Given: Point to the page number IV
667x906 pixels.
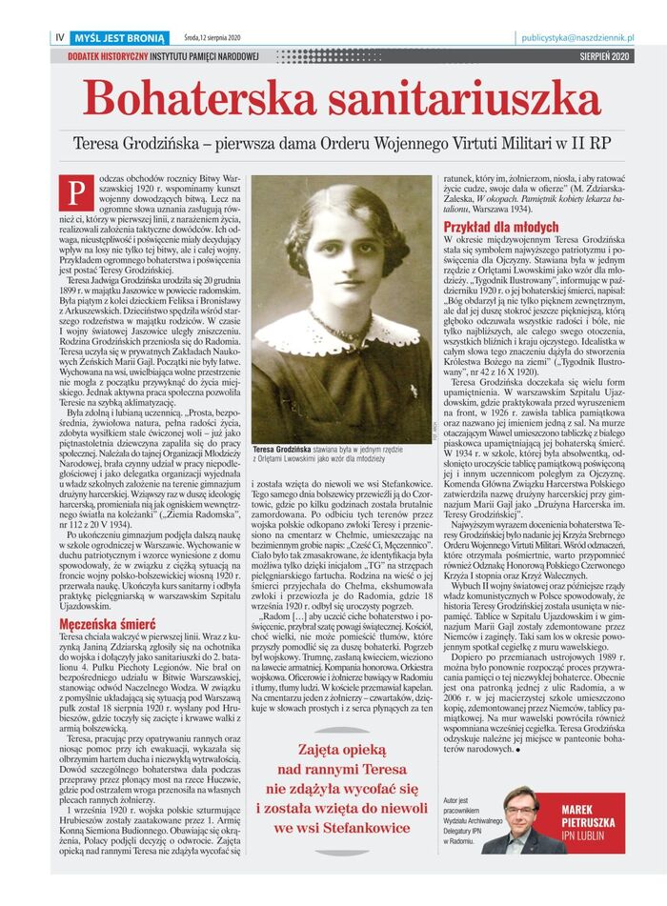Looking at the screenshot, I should pyautogui.click(x=60, y=38).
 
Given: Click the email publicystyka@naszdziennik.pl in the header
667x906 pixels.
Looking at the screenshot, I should pyautogui.click(x=577, y=38).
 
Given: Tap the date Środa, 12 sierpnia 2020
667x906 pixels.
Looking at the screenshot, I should pyautogui.click(x=212, y=38).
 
